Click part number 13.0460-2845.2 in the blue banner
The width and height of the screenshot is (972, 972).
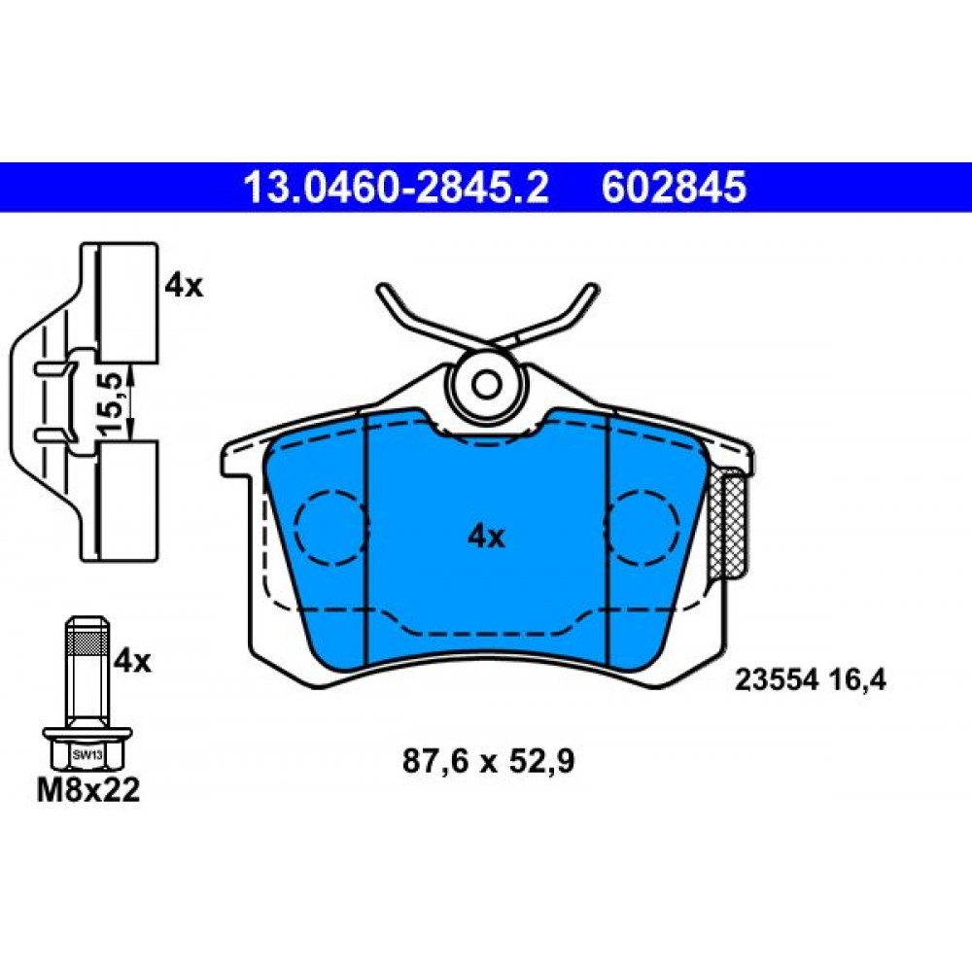(x=397, y=188)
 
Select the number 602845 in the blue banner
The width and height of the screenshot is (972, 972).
(x=674, y=188)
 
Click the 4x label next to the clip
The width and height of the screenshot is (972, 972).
(x=184, y=286)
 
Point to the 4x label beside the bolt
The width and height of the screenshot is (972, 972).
(x=132, y=661)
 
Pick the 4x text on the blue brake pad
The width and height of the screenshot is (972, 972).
(x=487, y=537)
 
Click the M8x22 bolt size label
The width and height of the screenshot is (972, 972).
(x=88, y=790)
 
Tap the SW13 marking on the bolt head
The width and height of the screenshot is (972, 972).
(x=87, y=755)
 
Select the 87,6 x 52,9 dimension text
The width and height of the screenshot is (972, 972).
(x=489, y=761)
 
